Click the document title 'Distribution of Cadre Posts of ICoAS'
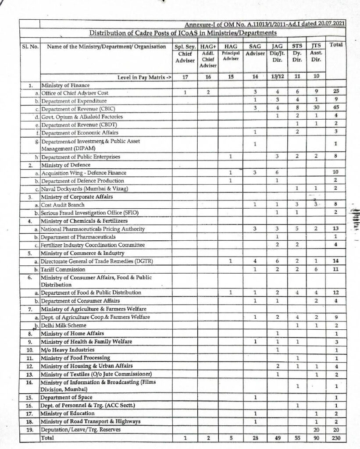tap(183, 33)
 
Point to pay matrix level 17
tap(185, 77)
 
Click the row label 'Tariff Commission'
tap(63, 269)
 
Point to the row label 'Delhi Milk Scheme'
tap(61, 325)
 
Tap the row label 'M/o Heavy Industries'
tap(67, 349)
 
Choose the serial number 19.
tap(30, 429)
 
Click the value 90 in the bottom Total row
tap(316, 438)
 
